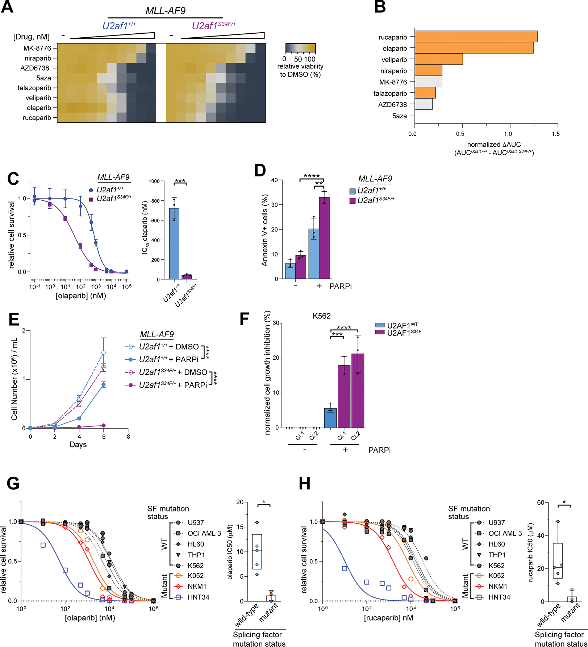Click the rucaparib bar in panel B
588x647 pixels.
point(476,37)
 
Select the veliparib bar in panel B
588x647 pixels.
point(438,59)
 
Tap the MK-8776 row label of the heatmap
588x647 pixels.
point(37,48)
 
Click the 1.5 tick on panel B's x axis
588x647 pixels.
point(555,134)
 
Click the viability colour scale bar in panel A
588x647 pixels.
point(300,49)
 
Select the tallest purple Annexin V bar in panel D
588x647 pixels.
point(324,238)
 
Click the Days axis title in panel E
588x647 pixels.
point(78,444)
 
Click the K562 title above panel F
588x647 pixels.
point(321,316)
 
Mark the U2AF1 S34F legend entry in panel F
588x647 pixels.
point(399,333)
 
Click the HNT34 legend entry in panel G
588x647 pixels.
point(198,597)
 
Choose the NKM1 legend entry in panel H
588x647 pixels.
point(497,586)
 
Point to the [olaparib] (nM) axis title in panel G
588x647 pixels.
point(90,618)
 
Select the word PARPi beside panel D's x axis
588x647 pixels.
point(341,286)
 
